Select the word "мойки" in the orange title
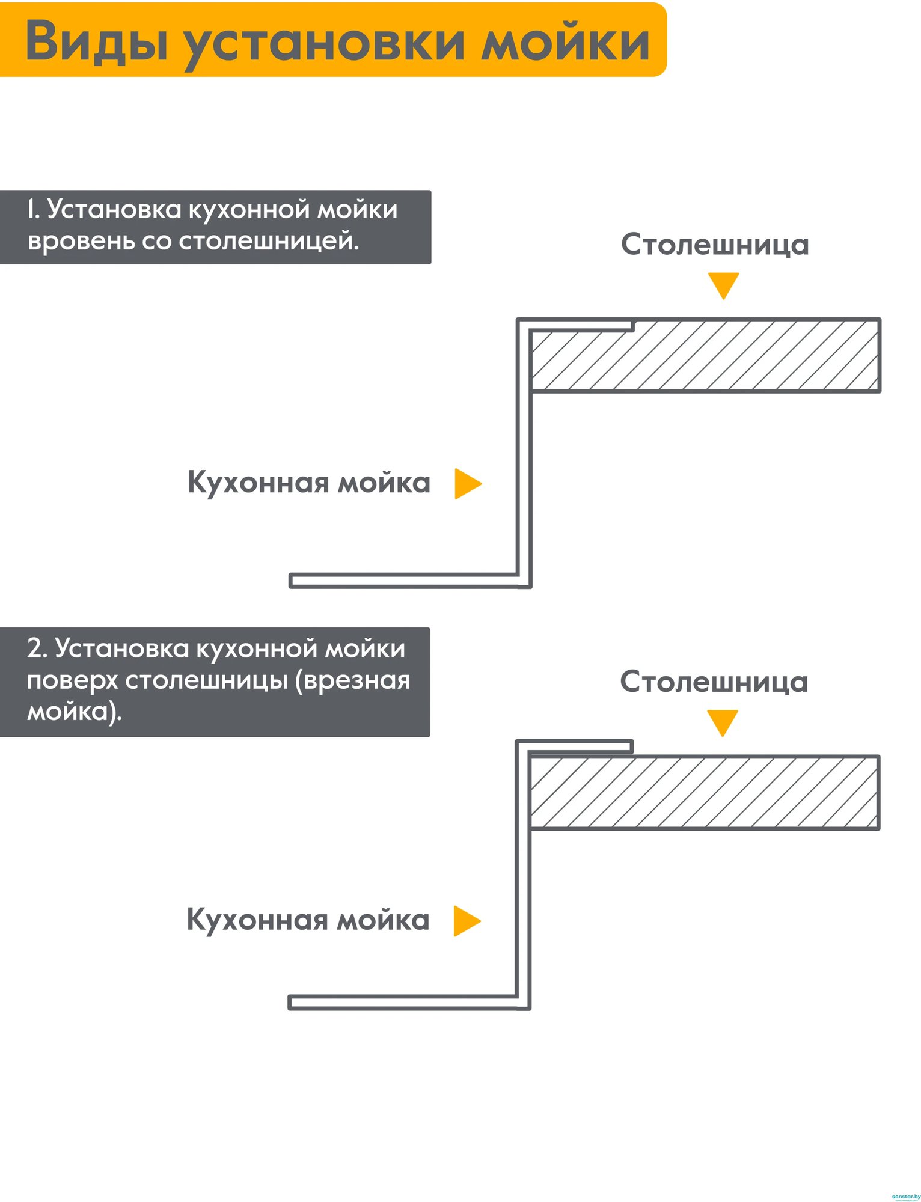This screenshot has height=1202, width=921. pos(566,41)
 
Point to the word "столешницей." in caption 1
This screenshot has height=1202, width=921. pos(269,241)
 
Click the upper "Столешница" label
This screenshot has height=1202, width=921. pos(715,245)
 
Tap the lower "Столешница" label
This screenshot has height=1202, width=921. pos(714,682)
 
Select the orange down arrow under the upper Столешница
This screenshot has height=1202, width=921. pos(723,286)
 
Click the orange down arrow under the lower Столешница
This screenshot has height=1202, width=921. pos(722,723)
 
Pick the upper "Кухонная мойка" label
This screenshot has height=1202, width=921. pos(309,483)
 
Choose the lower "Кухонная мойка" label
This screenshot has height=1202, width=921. pos(308,920)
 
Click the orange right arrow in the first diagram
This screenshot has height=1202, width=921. pos(468,483)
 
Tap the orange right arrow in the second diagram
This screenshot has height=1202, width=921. pos(467,921)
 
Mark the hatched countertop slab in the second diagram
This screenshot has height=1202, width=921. pos(704,793)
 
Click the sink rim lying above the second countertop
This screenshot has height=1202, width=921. pos(574,747)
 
